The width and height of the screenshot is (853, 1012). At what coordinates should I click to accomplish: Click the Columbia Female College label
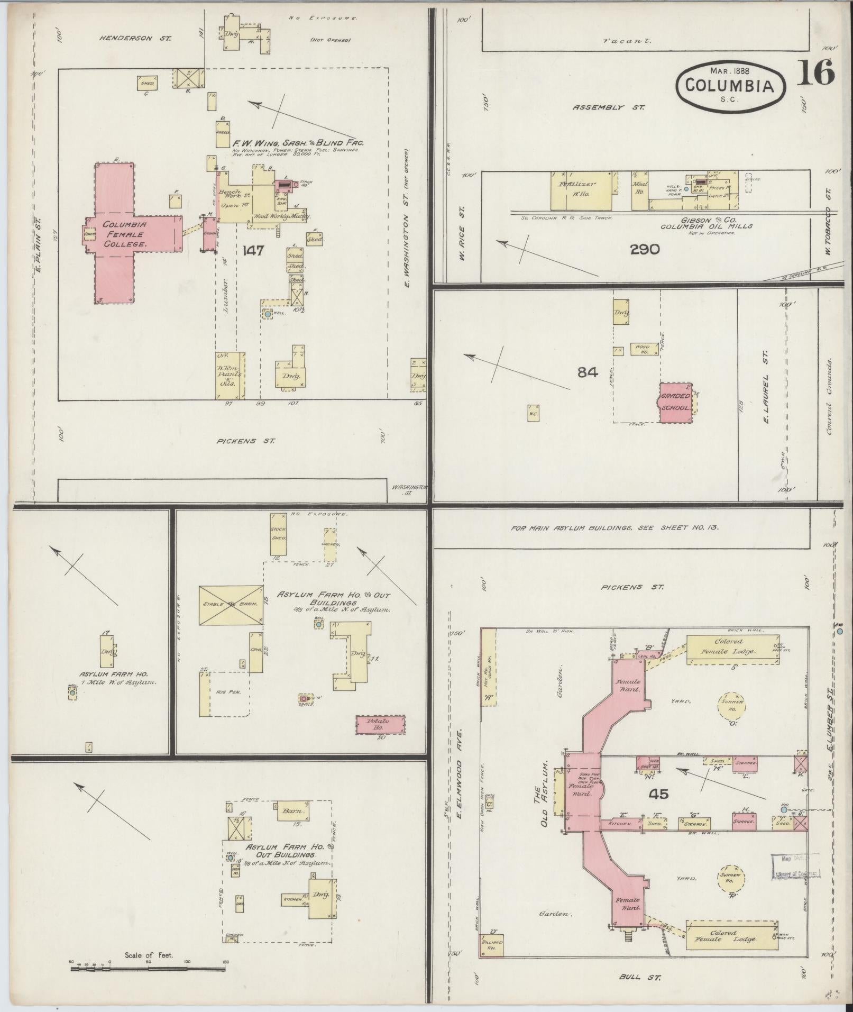(117, 234)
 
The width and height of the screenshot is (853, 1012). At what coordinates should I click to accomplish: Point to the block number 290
(645, 249)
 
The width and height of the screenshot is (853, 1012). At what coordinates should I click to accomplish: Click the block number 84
(588, 372)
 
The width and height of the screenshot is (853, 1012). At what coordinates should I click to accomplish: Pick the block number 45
(660, 794)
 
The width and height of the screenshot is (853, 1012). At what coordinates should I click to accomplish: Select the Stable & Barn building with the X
(231, 604)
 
